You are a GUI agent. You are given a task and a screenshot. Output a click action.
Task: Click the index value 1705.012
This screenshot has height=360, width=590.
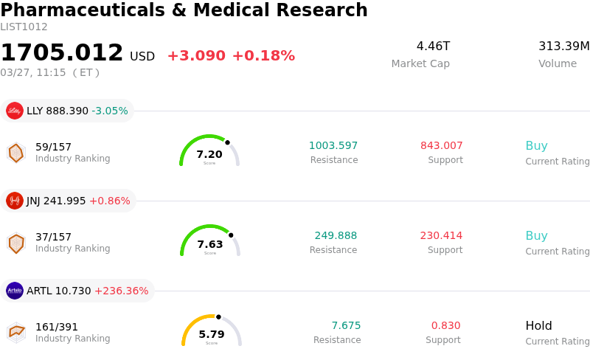click(x=62, y=53)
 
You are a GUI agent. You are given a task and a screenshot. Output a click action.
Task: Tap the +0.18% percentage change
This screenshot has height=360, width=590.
click(x=263, y=56)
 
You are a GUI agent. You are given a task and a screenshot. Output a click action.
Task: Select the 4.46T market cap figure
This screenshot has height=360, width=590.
click(x=433, y=46)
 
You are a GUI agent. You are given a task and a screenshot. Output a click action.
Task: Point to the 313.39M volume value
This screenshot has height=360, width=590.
click(x=563, y=46)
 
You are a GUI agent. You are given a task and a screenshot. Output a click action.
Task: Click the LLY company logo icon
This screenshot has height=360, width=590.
click(x=15, y=111)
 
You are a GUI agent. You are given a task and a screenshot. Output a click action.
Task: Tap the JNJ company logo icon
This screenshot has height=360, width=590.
click(x=15, y=201)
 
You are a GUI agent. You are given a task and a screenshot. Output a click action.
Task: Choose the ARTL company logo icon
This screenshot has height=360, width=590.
click(x=15, y=291)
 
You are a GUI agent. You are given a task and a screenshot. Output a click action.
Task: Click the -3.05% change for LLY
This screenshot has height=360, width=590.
click(x=110, y=111)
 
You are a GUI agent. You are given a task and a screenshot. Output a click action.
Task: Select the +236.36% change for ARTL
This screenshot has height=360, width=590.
click(x=121, y=291)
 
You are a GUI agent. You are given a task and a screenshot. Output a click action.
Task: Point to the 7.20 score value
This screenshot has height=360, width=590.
click(x=209, y=154)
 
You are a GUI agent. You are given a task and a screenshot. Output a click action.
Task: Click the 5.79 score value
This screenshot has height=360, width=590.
click(x=212, y=334)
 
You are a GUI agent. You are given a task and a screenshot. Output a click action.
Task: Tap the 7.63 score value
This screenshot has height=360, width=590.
click(x=210, y=244)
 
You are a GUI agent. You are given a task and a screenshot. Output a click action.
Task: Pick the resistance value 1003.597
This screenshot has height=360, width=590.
click(x=333, y=146)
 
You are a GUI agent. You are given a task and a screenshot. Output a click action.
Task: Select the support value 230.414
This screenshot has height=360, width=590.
click(x=441, y=236)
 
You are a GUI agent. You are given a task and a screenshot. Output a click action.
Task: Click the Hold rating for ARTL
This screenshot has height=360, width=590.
click(x=538, y=326)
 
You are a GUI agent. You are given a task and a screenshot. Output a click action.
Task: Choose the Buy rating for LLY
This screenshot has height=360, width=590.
click(x=536, y=146)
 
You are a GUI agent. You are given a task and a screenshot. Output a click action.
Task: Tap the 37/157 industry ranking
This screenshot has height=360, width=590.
click(x=53, y=237)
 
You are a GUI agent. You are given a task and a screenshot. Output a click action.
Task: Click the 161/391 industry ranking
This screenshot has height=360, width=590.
click(x=57, y=327)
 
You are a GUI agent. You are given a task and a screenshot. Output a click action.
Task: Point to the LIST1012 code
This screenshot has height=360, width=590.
click(x=24, y=27)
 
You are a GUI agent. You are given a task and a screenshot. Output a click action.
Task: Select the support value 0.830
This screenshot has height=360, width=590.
click(x=445, y=326)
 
